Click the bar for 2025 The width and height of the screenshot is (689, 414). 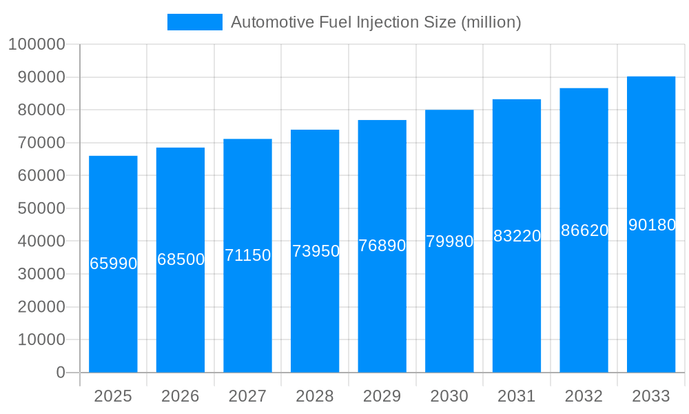(x=113, y=310)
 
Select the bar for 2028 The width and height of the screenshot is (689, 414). (x=315, y=310)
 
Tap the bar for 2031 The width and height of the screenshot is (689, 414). (x=517, y=310)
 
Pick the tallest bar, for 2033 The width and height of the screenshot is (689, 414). (x=651, y=310)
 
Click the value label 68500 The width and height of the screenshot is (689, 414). (x=181, y=259)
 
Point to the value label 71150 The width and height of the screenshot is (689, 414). (x=248, y=255)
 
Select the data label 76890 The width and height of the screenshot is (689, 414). (x=382, y=246)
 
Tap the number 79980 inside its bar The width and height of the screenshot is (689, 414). (x=449, y=241)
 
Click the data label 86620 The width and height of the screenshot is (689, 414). (x=584, y=230)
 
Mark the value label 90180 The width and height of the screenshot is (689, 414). (x=651, y=225)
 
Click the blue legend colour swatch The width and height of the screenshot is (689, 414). (x=195, y=22)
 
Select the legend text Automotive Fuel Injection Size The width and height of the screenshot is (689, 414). (x=376, y=22)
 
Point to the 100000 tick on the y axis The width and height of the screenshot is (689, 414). (x=37, y=45)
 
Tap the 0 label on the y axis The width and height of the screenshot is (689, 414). (x=60, y=373)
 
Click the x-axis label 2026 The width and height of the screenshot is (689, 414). (x=181, y=396)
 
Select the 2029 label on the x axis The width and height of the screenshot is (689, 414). (x=382, y=396)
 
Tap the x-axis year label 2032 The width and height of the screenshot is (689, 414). (x=584, y=396)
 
